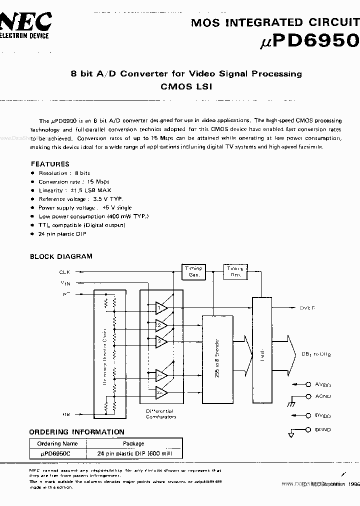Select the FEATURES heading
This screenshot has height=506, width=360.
tap(50, 164)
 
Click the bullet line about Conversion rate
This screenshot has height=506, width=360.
tap(73, 181)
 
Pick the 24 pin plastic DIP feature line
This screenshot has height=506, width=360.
tap(62, 234)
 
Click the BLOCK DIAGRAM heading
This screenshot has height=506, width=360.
tap(61, 256)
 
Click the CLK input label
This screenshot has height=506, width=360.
tap(64, 272)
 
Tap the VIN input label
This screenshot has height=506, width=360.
tap(65, 283)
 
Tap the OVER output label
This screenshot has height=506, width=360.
tap(307, 308)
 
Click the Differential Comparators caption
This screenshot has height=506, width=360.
tap(161, 413)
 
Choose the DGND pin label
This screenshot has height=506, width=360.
tap(322, 430)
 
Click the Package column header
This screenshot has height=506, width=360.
tap(133, 443)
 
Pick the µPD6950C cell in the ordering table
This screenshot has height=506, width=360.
tap(58, 454)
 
